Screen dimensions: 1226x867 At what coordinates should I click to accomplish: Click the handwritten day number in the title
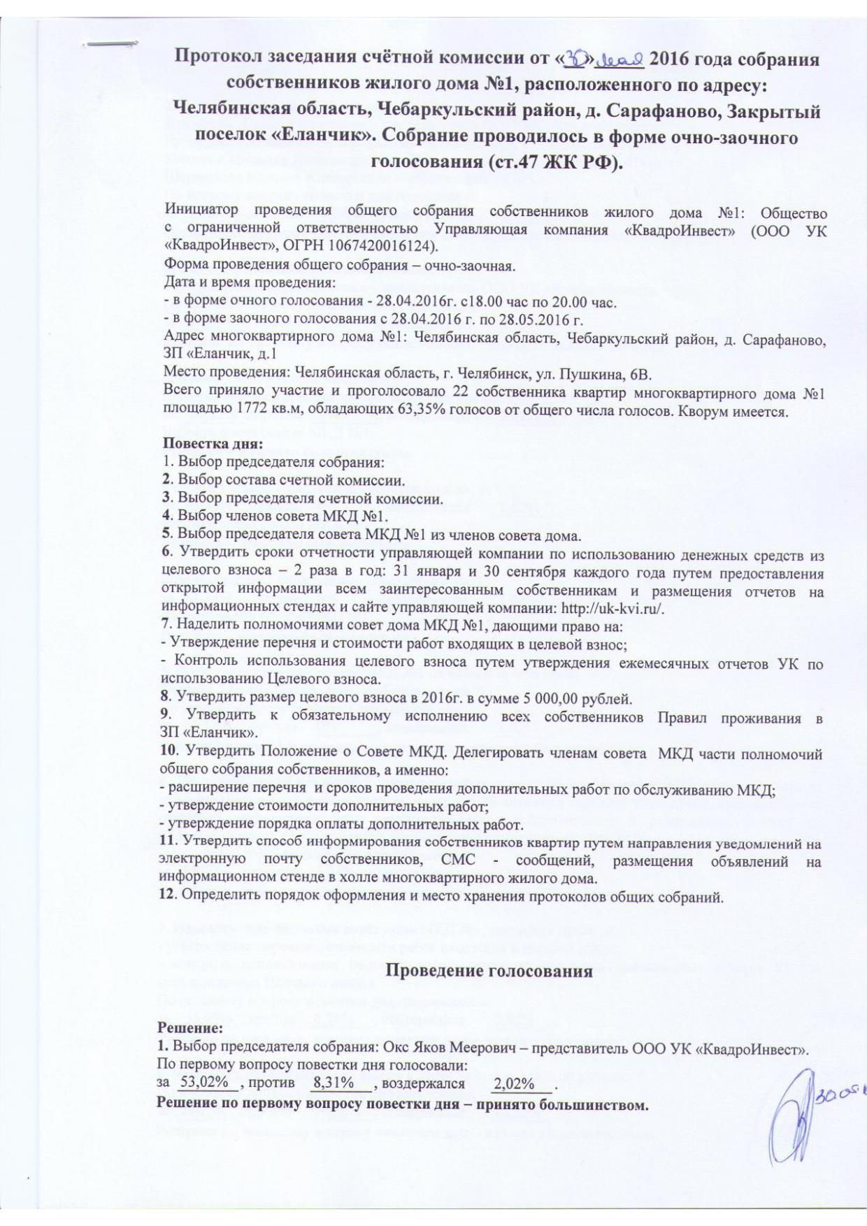coord(579,61)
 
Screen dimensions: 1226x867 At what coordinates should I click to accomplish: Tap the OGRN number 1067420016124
coord(383,247)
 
